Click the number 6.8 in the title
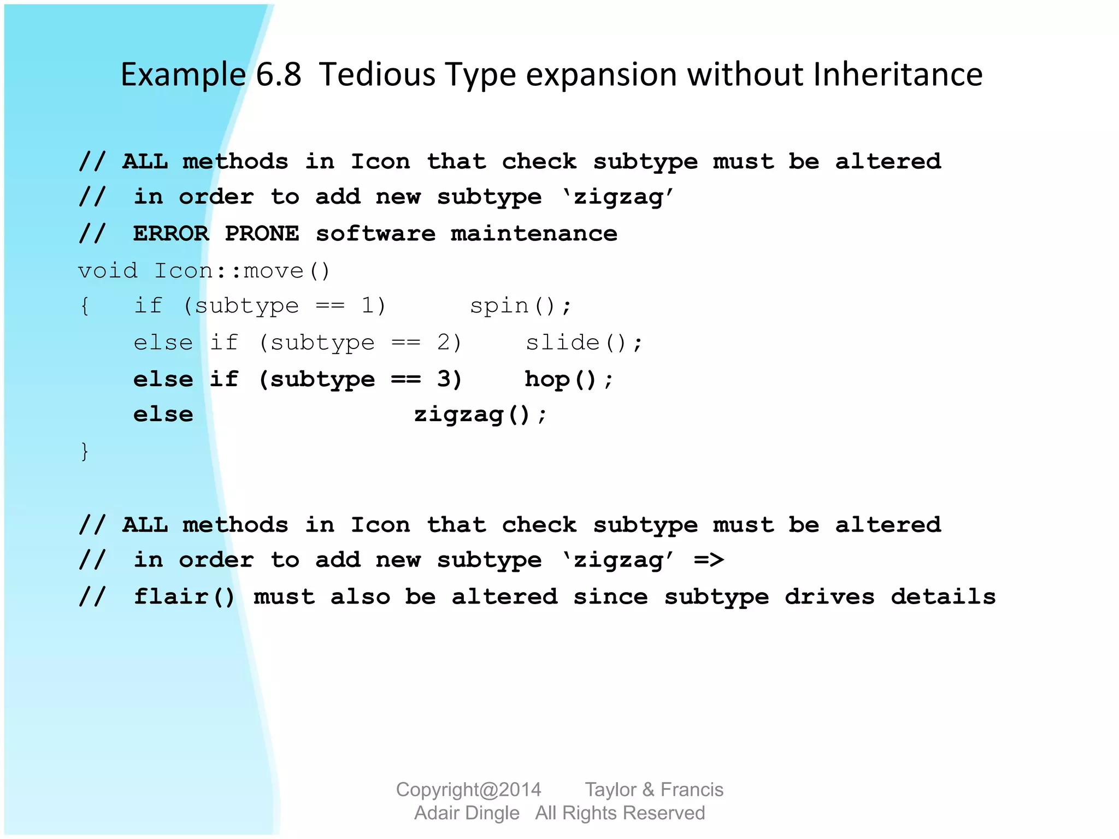tap(278, 75)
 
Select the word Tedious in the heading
tap(377, 75)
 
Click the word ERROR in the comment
tap(171, 234)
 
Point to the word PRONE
tap(262, 234)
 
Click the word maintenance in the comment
tap(534, 234)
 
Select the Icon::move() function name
tap(242, 271)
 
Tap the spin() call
tap(520, 306)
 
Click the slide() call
tap(584, 343)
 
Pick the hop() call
tap(569, 379)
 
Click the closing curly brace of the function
tap(85, 452)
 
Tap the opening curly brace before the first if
tap(85, 306)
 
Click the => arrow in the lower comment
tap(709, 560)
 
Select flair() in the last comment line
tap(184, 596)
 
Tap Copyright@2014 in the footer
tap(468, 790)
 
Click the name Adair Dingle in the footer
tap(467, 813)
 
